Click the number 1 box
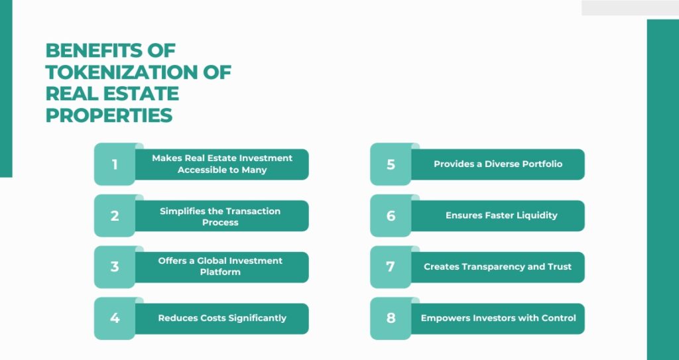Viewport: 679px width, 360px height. coord(115,164)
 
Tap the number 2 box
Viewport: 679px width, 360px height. coord(115,215)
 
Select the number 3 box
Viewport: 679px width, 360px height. coord(115,267)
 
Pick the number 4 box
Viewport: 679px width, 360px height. coord(115,318)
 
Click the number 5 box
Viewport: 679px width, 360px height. coord(391,164)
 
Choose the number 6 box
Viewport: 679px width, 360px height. coord(391,215)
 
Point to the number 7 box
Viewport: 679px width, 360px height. coord(391,267)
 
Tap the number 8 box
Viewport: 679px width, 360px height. coord(391,318)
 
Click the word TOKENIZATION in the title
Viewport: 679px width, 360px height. coord(122,72)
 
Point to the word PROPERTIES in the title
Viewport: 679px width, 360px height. coord(109,115)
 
